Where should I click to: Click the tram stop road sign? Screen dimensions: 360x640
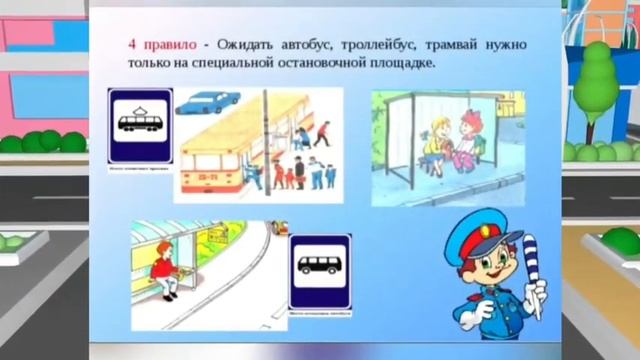(139, 126)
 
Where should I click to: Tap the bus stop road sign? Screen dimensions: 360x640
(320, 272)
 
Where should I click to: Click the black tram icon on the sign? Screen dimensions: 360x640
(139, 123)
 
